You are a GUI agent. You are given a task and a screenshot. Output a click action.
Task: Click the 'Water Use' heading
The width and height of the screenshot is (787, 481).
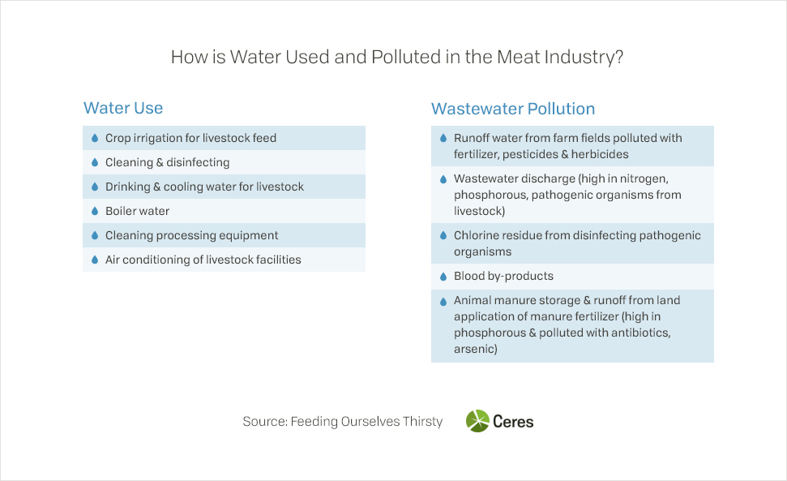(x=123, y=108)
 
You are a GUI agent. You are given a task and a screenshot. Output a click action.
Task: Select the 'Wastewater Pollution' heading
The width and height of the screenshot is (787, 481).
(x=513, y=109)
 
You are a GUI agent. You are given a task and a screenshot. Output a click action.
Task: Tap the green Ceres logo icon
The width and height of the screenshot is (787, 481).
(x=477, y=421)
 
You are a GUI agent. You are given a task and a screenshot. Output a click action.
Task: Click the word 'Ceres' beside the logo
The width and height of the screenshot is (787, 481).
(x=513, y=421)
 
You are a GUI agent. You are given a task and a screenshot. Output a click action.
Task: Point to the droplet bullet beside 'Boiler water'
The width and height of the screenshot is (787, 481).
(x=95, y=211)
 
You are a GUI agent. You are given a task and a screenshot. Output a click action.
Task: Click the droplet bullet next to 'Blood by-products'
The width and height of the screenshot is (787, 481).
(x=443, y=276)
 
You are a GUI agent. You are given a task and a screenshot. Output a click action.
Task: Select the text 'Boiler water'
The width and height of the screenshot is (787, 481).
(x=137, y=211)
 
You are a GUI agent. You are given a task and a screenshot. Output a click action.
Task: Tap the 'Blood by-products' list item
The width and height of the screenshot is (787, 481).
(x=503, y=276)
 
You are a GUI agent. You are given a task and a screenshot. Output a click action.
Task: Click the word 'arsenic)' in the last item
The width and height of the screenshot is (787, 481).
(x=475, y=349)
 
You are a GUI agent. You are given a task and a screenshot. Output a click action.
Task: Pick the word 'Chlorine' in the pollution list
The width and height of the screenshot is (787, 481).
(x=476, y=235)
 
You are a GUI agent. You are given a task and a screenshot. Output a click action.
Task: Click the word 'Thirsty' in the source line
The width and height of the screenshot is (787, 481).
(x=422, y=421)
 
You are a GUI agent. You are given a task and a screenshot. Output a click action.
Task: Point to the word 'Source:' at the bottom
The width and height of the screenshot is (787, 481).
(x=265, y=421)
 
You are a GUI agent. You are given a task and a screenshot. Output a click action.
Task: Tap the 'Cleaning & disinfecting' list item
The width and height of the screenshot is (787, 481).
(x=167, y=162)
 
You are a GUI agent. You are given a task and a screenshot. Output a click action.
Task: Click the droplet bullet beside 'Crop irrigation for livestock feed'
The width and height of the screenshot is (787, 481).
(x=95, y=138)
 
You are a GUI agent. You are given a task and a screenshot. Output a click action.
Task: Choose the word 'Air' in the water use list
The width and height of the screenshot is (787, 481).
(x=113, y=260)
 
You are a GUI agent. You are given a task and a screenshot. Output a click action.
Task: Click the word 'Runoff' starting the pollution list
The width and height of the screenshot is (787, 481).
(x=471, y=138)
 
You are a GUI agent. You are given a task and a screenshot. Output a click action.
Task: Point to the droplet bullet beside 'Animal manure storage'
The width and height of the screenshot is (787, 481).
(x=443, y=302)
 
